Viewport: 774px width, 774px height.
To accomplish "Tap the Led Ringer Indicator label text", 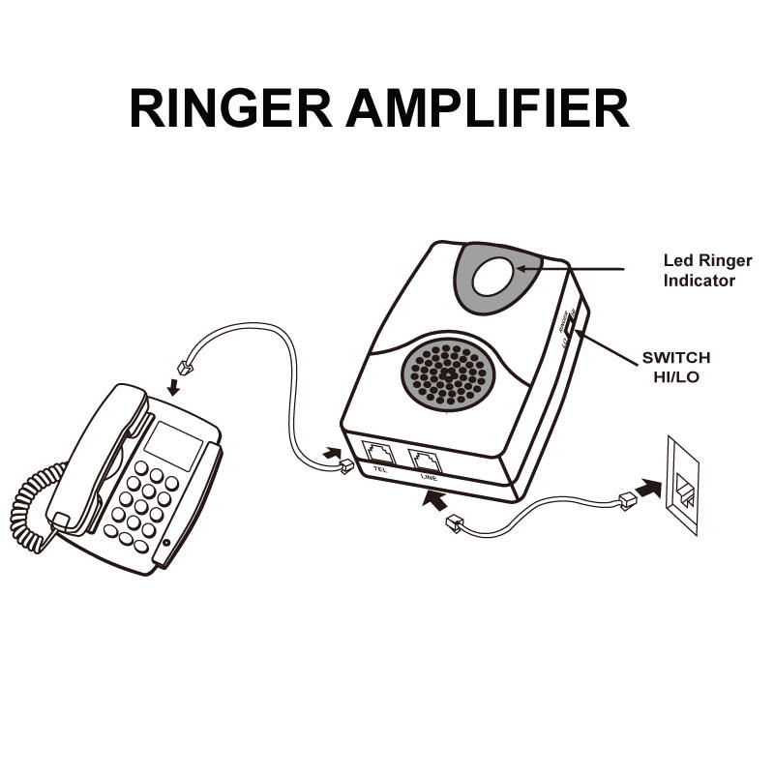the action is [707, 271].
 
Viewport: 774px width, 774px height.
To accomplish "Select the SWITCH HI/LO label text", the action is [675, 367].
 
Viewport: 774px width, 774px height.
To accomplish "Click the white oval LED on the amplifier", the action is [496, 274].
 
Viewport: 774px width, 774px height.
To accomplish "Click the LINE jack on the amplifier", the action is [426, 459].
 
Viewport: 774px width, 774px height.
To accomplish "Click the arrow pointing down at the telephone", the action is [174, 387].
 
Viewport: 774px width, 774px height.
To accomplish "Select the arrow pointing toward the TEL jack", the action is [332, 452].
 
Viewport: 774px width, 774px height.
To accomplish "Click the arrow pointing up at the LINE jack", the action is [436, 500].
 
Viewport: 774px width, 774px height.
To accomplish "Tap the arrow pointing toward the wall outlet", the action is [649, 488].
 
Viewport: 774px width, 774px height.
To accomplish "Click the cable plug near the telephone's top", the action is [185, 368].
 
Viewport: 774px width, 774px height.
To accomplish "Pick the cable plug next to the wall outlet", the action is [625, 500].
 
